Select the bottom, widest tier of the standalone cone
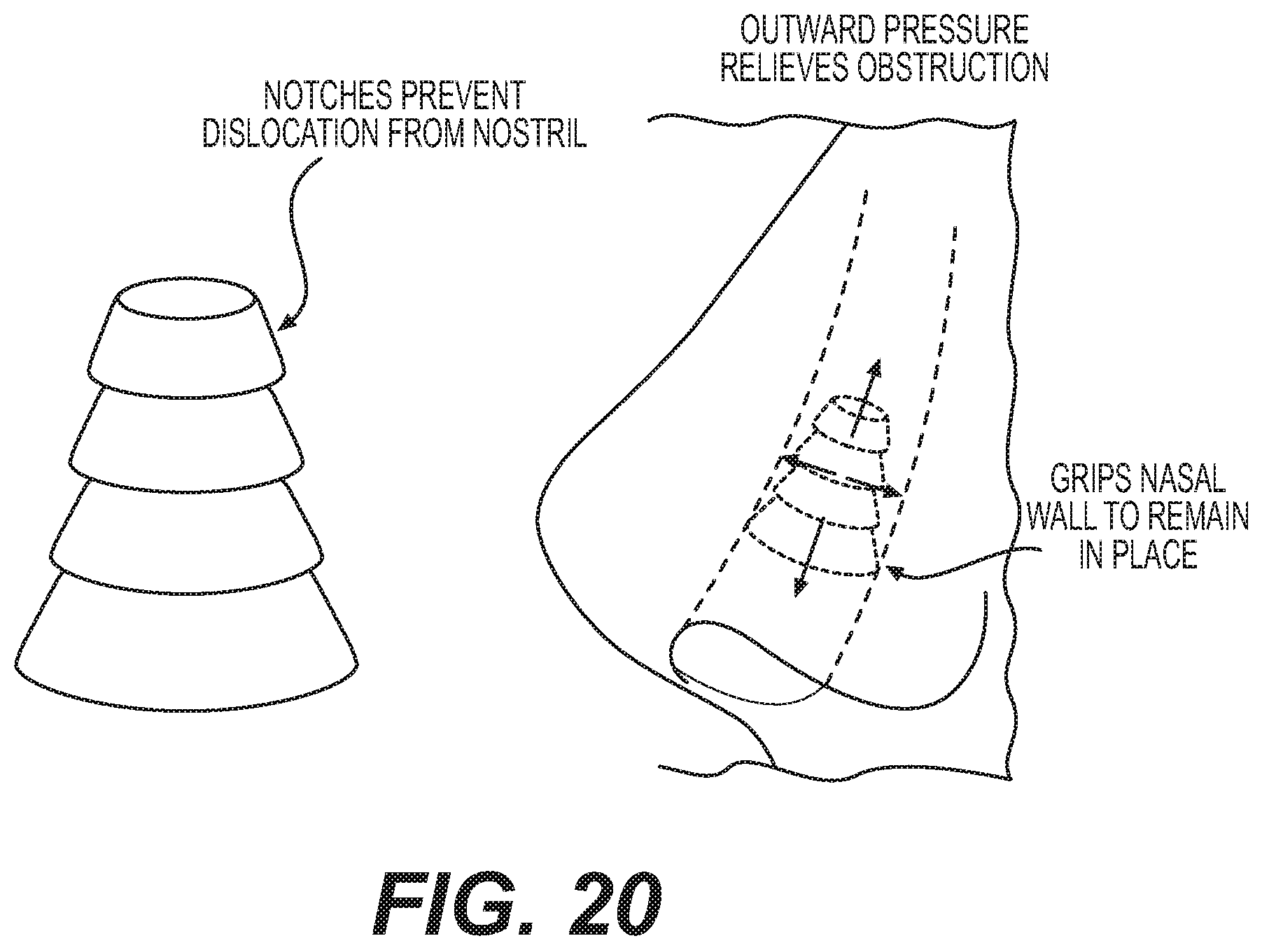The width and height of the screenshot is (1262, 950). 187,634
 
